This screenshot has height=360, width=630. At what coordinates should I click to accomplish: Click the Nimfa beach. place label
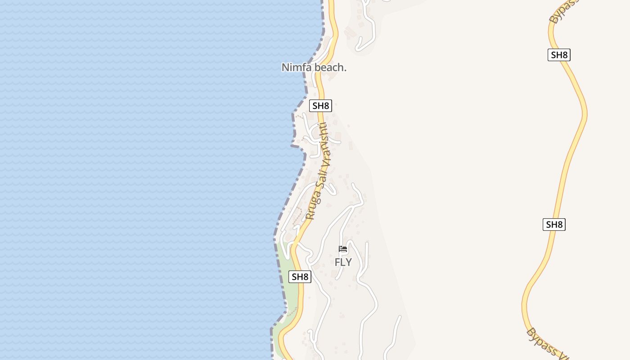314,67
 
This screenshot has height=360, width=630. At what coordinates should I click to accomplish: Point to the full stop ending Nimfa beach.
346,70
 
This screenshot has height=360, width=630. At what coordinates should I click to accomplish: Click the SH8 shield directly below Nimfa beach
320,106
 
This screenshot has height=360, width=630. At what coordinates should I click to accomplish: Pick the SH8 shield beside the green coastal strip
300,277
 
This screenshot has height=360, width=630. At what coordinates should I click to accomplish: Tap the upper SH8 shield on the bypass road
559,55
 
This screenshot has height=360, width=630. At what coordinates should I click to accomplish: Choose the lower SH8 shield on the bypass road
553,225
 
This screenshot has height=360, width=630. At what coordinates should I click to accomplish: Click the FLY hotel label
343,262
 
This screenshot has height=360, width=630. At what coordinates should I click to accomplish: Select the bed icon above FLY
343,249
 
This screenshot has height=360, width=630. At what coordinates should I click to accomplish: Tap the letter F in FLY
337,262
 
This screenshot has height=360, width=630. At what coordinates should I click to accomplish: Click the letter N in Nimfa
285,67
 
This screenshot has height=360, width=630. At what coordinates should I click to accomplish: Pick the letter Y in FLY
348,262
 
